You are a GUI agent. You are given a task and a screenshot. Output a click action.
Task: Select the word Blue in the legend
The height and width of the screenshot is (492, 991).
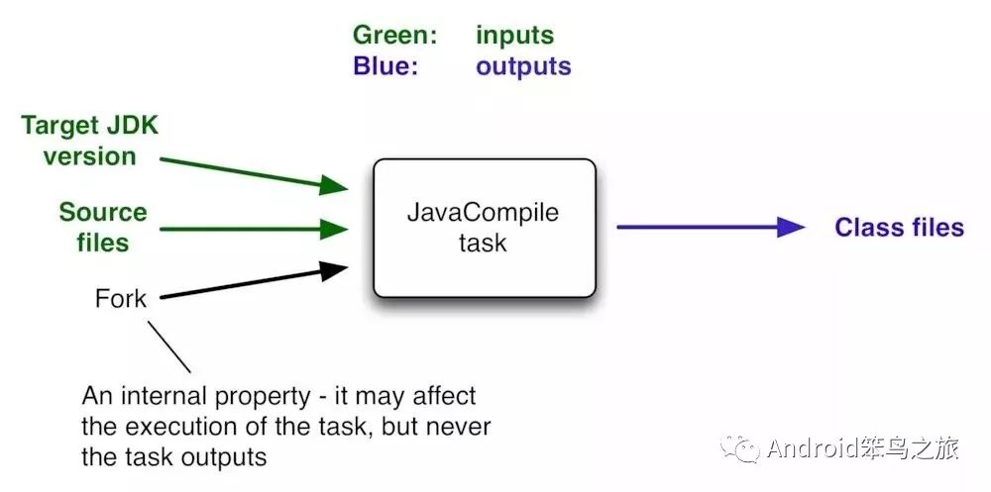[x=381, y=66]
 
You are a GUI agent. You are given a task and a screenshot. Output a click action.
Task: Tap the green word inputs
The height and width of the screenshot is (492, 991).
[x=514, y=36]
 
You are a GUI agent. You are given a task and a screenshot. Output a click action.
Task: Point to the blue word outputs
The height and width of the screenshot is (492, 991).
[x=523, y=66]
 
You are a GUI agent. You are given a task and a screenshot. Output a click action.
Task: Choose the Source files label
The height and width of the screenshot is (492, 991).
[x=103, y=227]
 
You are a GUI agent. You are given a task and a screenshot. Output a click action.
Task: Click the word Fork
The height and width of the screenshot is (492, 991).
[x=121, y=298]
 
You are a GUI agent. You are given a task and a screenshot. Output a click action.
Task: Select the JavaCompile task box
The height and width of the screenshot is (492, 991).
[x=484, y=228]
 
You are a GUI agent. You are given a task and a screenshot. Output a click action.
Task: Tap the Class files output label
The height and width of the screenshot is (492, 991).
[x=899, y=228]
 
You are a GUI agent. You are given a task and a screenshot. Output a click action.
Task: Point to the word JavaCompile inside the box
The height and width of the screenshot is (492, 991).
[x=484, y=213]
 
